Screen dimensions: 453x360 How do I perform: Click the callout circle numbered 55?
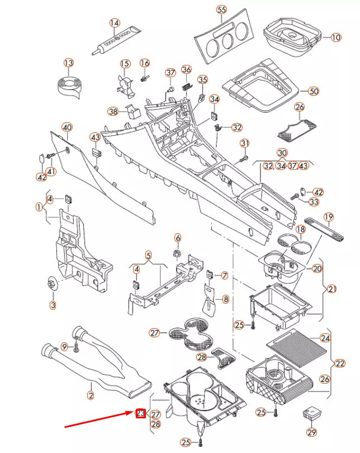(221, 11)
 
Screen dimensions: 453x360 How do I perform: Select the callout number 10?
(335, 38)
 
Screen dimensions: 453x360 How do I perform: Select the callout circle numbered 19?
(329, 217)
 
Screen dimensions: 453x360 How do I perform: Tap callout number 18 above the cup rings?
(301, 230)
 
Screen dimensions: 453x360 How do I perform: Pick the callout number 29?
(311, 432)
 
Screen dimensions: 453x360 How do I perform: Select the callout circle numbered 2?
(91, 395)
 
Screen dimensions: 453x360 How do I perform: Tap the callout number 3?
(53, 305)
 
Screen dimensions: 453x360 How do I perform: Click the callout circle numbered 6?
(178, 237)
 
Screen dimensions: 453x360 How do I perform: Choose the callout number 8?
(226, 300)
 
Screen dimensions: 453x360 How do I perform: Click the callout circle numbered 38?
(113, 111)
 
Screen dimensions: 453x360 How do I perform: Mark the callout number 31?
(244, 144)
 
